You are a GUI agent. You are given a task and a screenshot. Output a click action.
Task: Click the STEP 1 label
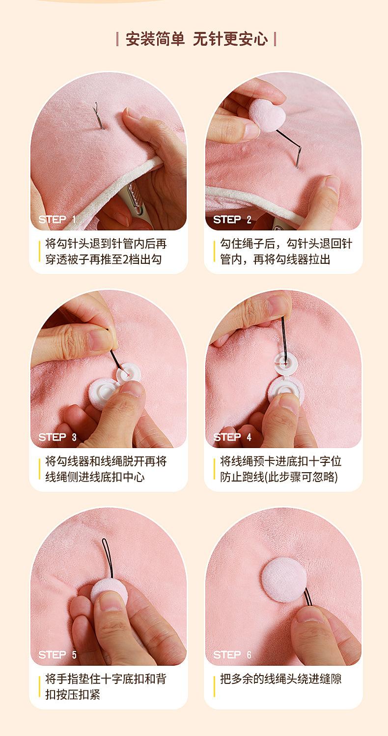pyautogui.click(x=57, y=219)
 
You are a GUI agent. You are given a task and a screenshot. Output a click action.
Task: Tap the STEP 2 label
pyautogui.click(x=232, y=220)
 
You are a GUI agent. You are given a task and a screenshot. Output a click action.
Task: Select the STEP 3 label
pyautogui.click(x=57, y=437)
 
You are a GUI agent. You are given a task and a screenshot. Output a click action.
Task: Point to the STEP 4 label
pyautogui.click(x=232, y=437)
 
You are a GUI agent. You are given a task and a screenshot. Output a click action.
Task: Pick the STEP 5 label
pyautogui.click(x=57, y=655)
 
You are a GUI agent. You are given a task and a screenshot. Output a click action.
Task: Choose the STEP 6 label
pyautogui.click(x=232, y=655)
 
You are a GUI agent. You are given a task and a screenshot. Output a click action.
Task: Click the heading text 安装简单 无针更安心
pyautogui.click(x=196, y=39)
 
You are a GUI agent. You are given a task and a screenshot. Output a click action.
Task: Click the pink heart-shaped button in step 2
pyautogui.click(x=267, y=115)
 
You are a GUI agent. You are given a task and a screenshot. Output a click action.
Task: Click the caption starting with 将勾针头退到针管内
pyautogui.click(x=106, y=252)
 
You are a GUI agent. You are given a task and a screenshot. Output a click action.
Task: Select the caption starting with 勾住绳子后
pyautogui.click(x=286, y=252)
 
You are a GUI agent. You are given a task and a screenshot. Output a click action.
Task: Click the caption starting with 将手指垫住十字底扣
pyautogui.click(x=106, y=686)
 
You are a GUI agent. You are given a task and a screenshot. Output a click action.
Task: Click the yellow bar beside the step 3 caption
pyautogui.click(x=40, y=469)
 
